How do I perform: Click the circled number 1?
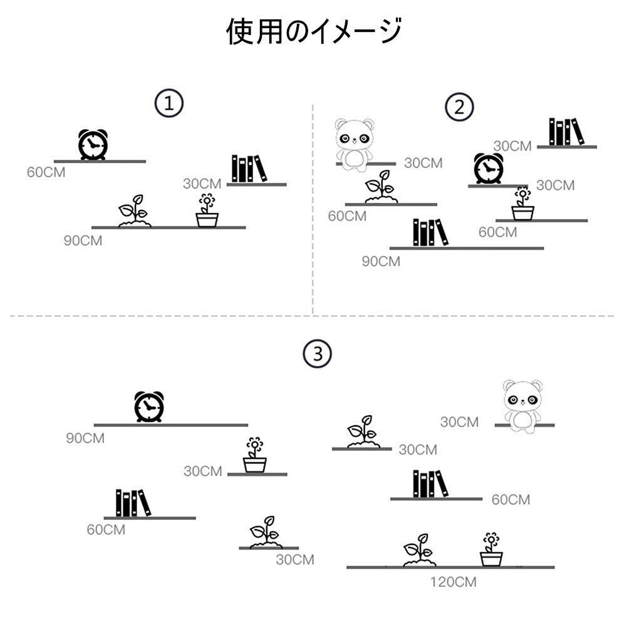point(169,104)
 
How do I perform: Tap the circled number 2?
point(459,107)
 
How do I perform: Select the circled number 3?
point(317,355)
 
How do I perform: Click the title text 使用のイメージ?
point(313,32)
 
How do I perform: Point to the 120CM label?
point(453,583)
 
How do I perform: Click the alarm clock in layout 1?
point(93,145)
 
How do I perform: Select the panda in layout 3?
point(522,406)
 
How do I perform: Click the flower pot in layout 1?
point(207,211)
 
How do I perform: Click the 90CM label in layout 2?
point(381,262)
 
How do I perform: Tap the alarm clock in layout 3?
point(149,407)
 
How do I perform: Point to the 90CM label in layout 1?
point(83,241)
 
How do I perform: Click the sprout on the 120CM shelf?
point(419,551)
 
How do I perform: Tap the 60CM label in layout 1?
point(46,172)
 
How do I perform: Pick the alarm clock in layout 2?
point(489,169)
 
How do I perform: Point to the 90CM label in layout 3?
point(85,438)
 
